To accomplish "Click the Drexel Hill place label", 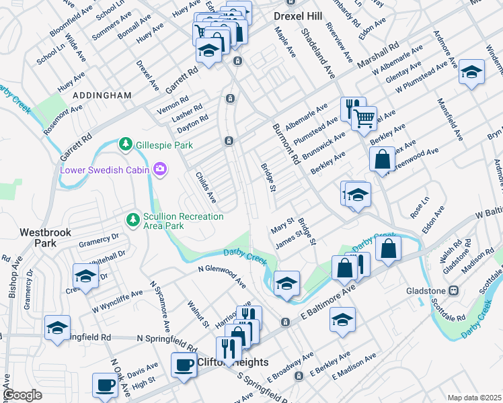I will [x=298, y=15].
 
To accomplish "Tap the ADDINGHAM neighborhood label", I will [x=102, y=95].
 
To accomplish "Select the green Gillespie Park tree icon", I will [x=125, y=144].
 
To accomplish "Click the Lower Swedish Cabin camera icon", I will [x=160, y=169].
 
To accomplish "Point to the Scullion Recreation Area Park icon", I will [x=133, y=220].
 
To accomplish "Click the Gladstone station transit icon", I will [x=454, y=291].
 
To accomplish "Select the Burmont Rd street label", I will [x=286, y=144].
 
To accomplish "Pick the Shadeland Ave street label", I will [x=317, y=54].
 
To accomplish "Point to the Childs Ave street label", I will [x=205, y=187].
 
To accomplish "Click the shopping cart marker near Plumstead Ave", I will [x=364, y=118].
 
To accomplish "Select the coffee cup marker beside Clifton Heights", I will [x=184, y=365].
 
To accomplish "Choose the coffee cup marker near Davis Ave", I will [x=105, y=385].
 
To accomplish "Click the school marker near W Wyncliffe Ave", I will [x=85, y=275].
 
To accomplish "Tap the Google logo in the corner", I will [x=22, y=395].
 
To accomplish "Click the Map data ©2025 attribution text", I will [x=473, y=398].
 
